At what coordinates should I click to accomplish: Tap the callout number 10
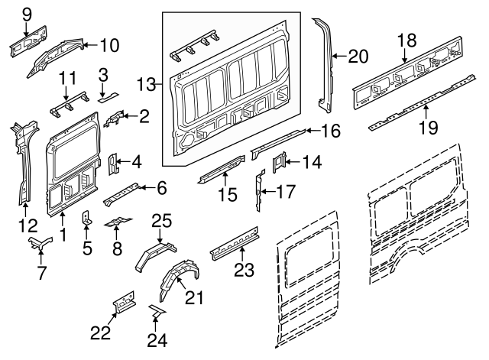coord(109,46)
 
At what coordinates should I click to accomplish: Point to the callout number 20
coord(358,55)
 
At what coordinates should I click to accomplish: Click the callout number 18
coord(406,41)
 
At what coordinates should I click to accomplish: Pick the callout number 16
coord(329,131)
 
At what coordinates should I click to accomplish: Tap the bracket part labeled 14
coord(280,161)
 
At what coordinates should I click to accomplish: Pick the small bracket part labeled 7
coord(40,244)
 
